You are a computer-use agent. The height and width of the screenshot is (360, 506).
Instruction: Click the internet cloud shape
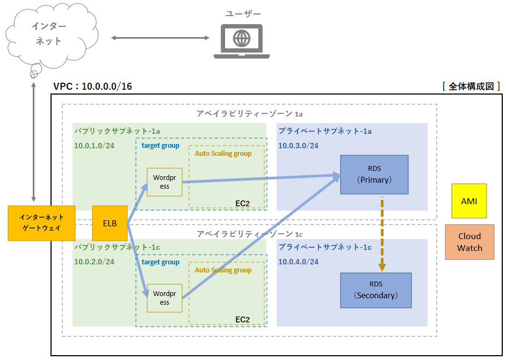pyautogui.click(x=48, y=34)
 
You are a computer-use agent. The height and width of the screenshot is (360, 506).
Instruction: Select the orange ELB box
pyautogui.click(x=110, y=222)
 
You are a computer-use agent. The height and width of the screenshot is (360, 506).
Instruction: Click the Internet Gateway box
pyautogui.click(x=41, y=222)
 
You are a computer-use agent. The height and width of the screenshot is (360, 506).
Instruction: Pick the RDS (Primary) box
pyautogui.click(x=374, y=175)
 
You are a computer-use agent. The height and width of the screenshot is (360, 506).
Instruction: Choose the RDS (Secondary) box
pyautogui.click(x=376, y=290)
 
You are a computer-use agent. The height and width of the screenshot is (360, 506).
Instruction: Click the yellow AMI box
pyautogui.click(x=469, y=201)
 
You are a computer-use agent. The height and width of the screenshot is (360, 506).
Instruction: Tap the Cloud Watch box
pyautogui.click(x=469, y=242)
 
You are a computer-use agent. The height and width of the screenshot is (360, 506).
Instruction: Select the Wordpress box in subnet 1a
pyautogui.click(x=164, y=182)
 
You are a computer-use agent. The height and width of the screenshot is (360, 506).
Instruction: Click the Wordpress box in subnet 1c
pyautogui.click(x=164, y=298)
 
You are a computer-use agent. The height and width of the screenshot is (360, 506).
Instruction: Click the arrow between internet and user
pyautogui.click(x=160, y=38)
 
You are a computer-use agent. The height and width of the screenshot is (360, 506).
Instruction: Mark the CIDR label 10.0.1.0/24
pyautogui.click(x=95, y=146)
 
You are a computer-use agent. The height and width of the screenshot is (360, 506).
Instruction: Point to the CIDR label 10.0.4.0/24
pyautogui.click(x=298, y=262)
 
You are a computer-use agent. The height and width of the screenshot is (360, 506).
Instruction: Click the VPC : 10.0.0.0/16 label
pyautogui.click(x=93, y=86)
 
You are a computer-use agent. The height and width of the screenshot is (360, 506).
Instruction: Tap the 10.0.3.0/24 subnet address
pyautogui.click(x=298, y=146)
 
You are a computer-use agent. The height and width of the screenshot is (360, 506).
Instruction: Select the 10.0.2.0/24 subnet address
pyautogui.click(x=95, y=262)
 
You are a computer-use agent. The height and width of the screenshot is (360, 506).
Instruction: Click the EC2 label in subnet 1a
pyautogui.click(x=243, y=203)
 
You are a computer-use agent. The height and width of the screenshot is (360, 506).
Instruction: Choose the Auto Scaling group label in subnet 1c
pyautogui.click(x=223, y=270)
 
